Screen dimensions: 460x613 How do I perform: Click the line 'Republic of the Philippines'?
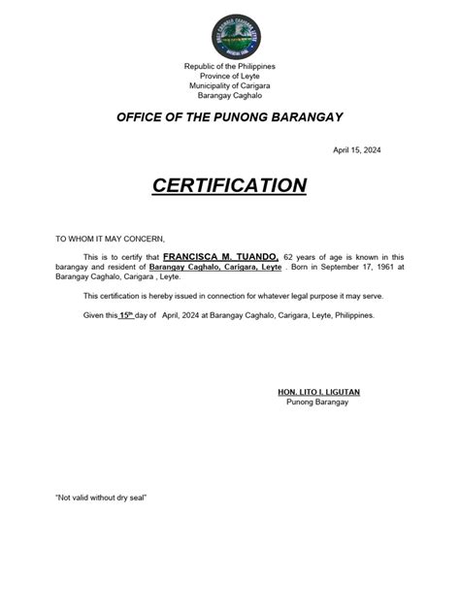click(230, 65)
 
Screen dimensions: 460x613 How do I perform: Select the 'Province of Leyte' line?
click(230, 75)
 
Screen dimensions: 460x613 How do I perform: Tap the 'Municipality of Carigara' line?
click(230, 85)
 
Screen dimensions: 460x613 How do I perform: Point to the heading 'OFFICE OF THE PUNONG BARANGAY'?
click(230, 117)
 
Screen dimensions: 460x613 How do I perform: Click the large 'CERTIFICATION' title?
click(230, 186)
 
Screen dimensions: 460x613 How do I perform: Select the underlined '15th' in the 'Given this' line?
click(126, 315)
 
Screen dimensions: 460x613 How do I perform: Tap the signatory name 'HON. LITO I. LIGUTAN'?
click(319, 392)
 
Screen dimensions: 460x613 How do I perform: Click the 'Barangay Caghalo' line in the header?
click(230, 95)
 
